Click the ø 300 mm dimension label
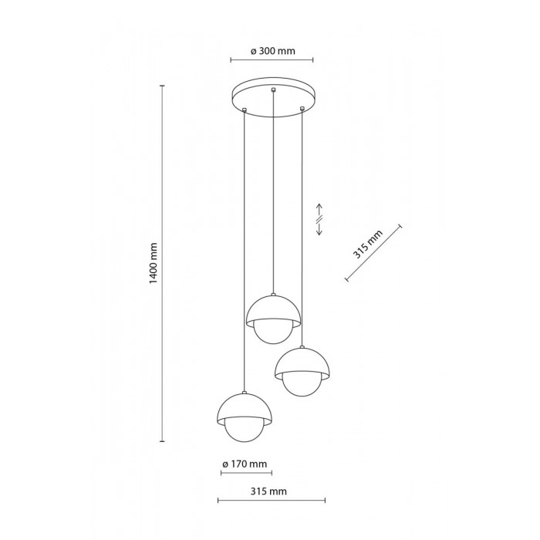click(273, 51)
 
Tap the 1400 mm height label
click(154, 263)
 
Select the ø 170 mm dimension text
click(245, 464)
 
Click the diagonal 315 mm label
click(368, 245)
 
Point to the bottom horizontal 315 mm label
click(268, 491)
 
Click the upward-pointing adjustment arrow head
click(319, 206)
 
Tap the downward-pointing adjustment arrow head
click(319, 233)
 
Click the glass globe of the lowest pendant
click(245, 430)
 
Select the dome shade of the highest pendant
click(273, 309)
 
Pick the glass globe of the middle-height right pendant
click(302, 384)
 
